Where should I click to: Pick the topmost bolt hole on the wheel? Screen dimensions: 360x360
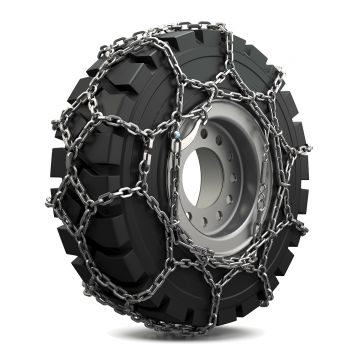point(233,128)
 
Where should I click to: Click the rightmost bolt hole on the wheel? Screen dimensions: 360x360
point(262,190)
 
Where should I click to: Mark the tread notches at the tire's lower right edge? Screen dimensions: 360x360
point(290,270)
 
